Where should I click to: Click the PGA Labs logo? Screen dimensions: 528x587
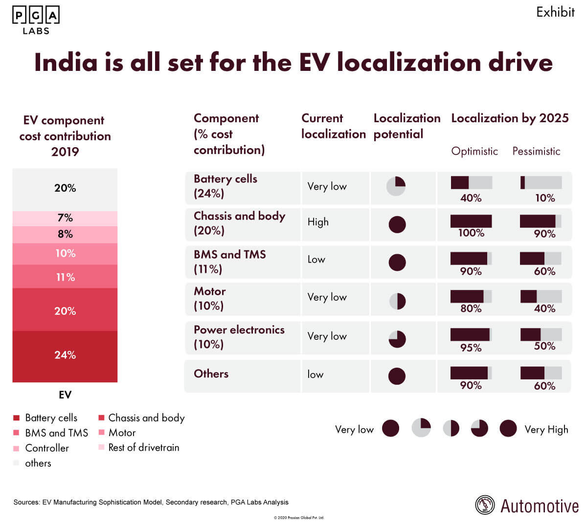pos(36,20)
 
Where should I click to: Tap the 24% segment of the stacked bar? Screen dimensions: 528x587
pos(65,356)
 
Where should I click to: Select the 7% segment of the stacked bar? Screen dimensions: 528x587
pos(65,218)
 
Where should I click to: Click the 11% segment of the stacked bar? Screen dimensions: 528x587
pos(65,277)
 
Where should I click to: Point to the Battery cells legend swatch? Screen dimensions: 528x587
pos(16,418)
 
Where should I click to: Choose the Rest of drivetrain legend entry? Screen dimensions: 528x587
pos(143,447)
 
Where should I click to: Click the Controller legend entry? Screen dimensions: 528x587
pos(46,448)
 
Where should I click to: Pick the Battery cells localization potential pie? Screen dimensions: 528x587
pos(396,186)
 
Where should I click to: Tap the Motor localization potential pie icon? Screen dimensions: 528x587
pos(397,301)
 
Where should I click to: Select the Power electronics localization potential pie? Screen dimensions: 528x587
pos(397,339)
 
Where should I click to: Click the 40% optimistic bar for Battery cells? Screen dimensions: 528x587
pos(471,182)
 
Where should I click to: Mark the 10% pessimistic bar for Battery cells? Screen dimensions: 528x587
pos(541,182)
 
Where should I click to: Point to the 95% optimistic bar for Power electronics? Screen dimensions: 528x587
pos(471,334)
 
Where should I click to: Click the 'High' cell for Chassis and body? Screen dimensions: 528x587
pos(318,222)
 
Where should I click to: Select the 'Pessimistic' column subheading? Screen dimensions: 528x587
pos(536,151)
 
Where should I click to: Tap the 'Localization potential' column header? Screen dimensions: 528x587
pos(406,126)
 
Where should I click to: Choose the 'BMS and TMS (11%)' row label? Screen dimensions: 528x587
pos(229,262)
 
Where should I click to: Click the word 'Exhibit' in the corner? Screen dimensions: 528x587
pos(555,12)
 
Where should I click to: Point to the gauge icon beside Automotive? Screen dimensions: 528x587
pos(485,506)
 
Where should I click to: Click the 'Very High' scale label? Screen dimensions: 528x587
pos(546,430)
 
